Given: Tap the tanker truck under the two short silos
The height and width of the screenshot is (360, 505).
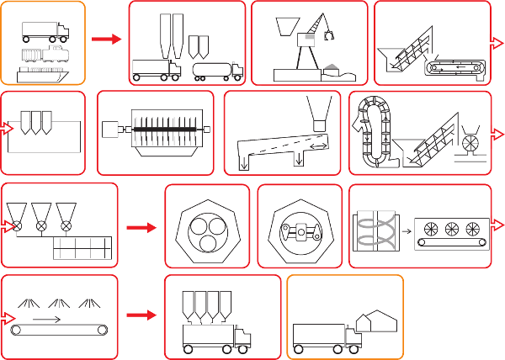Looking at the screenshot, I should pyautogui.click(x=217, y=71).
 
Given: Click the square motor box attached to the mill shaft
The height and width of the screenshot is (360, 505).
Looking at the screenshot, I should pyautogui.click(x=110, y=130).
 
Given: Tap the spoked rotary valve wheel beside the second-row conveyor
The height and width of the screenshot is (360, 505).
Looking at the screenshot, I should pyautogui.click(x=470, y=134).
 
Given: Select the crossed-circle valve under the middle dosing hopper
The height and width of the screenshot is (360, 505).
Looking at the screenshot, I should pyautogui.click(x=40, y=225).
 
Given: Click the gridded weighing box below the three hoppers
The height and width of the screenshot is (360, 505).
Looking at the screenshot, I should pyautogui.click(x=82, y=249).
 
